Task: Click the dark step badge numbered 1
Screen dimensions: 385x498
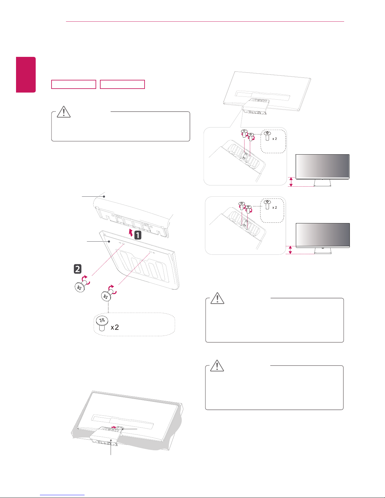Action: tap(138, 235)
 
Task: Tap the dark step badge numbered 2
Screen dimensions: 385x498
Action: tap(77, 269)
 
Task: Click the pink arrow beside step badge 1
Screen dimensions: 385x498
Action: tap(131, 233)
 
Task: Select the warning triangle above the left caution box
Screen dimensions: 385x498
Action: tap(64, 112)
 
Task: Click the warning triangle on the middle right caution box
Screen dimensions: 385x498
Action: tap(217, 298)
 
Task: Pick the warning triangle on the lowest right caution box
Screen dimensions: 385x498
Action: tap(217, 365)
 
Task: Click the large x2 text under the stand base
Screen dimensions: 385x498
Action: tap(115, 327)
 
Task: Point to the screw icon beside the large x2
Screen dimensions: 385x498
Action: tap(102, 324)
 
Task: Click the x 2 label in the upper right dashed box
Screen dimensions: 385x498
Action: tap(275, 139)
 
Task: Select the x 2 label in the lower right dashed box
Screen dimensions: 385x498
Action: tap(275, 207)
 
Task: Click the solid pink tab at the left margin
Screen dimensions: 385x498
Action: tap(26, 75)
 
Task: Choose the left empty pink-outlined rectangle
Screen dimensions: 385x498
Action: tap(74, 84)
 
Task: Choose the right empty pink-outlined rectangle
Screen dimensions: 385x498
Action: tap(122, 84)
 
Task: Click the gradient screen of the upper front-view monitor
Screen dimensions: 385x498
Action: tap(322, 166)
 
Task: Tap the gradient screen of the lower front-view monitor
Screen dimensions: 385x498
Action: tap(323, 235)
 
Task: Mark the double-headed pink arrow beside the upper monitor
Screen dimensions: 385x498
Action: tap(291, 182)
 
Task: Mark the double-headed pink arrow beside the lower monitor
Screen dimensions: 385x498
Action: tap(290, 250)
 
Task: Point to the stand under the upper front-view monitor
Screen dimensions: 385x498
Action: tap(322, 183)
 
